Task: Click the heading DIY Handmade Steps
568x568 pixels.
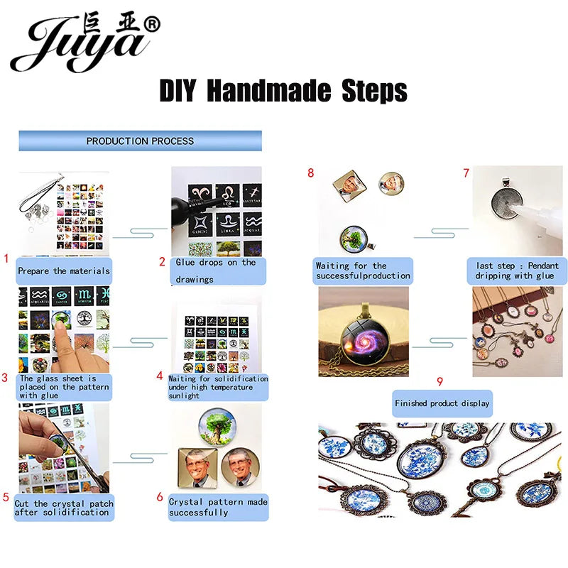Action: [x=283, y=92]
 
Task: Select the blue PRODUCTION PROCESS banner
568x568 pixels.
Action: [x=140, y=141]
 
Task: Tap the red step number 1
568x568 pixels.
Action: [x=6, y=259]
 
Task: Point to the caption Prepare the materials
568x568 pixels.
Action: [x=64, y=271]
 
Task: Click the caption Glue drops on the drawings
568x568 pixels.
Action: [x=216, y=271]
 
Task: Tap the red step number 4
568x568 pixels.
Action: [x=160, y=376]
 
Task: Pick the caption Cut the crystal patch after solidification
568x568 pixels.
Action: [x=63, y=508]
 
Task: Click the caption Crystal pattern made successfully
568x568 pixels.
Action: [x=218, y=507]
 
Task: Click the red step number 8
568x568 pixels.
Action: [x=310, y=173]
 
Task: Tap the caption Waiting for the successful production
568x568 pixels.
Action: [x=363, y=271]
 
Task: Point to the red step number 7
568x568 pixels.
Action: [x=466, y=173]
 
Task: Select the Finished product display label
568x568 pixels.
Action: [x=442, y=403]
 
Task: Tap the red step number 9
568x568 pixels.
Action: [x=439, y=381]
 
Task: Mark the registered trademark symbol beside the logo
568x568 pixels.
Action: [x=152, y=25]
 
